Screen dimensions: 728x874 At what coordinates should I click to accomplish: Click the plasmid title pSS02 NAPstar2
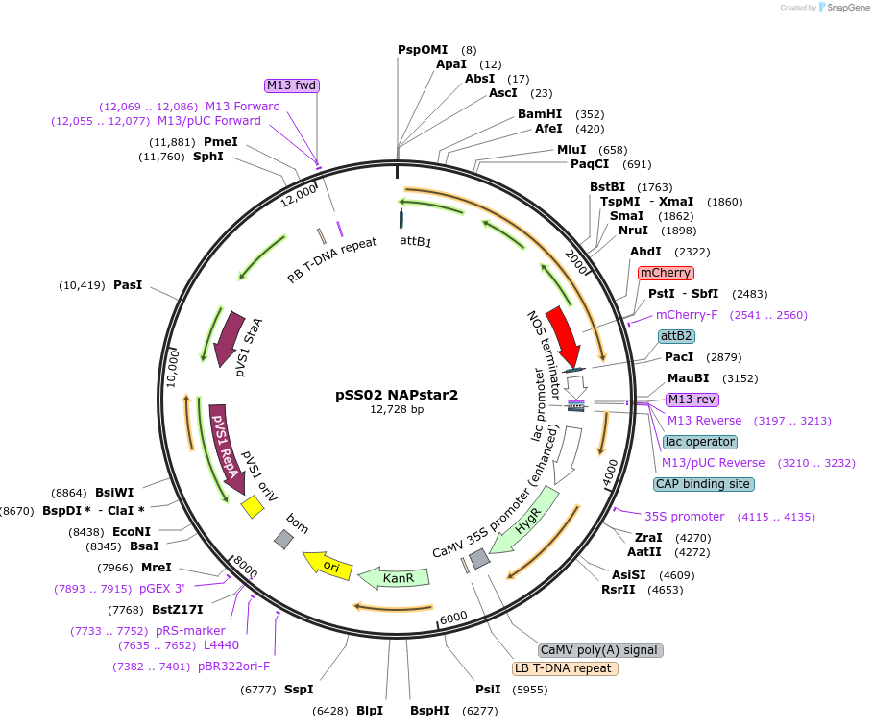click(x=397, y=394)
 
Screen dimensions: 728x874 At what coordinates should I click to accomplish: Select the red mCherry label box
click(x=666, y=273)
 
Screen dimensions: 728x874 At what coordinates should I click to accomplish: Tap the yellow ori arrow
click(x=326, y=564)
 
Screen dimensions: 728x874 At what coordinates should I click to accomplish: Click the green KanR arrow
click(x=393, y=577)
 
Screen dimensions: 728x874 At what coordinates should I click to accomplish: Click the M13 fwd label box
click(x=292, y=85)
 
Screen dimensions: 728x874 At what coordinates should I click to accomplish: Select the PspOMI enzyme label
click(x=423, y=50)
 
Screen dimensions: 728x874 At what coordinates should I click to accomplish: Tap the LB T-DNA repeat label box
click(x=565, y=668)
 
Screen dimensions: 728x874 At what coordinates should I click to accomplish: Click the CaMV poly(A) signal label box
click(x=600, y=650)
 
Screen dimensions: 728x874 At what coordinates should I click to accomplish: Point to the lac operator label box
click(x=699, y=442)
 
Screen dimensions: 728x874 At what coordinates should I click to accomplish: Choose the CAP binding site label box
click(x=703, y=484)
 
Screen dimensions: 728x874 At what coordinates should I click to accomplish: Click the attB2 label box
click(x=676, y=336)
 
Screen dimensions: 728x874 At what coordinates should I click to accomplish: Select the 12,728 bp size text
click(x=397, y=410)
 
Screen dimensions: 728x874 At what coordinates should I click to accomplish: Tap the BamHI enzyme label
click(x=540, y=114)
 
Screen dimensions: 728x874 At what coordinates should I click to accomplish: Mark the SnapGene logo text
click(x=844, y=8)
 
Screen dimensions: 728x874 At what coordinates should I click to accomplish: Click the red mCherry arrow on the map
click(x=564, y=336)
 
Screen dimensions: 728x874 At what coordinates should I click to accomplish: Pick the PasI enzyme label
click(x=128, y=285)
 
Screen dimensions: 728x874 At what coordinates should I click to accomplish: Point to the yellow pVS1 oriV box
click(x=253, y=506)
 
